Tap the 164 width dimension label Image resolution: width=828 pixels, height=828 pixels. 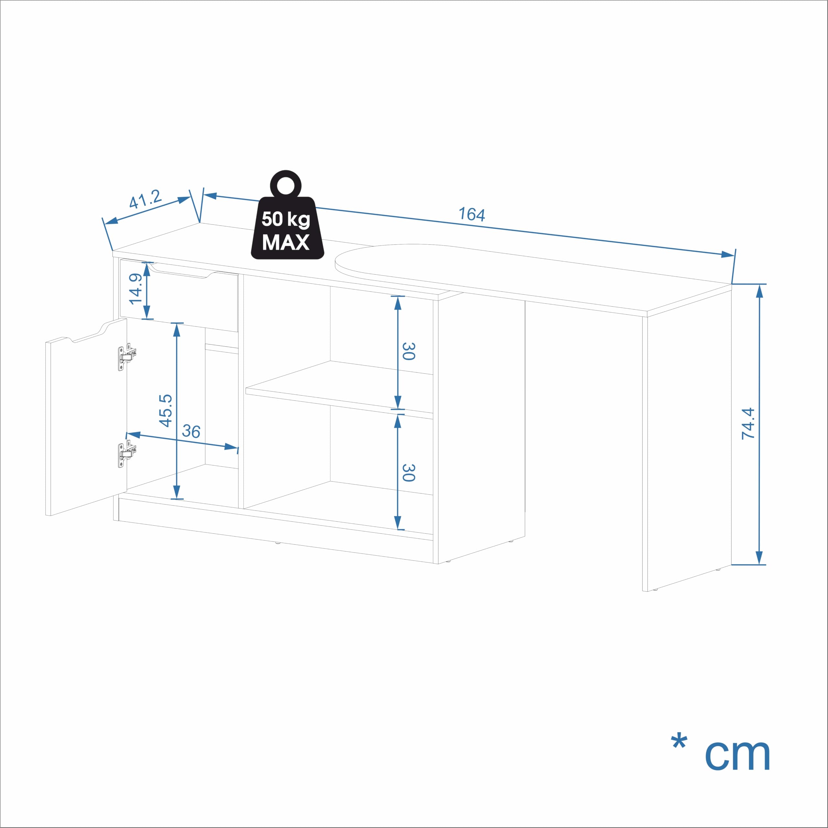[472, 214]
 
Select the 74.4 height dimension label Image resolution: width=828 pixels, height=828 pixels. [748, 423]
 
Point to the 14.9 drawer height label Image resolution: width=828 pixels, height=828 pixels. [136, 289]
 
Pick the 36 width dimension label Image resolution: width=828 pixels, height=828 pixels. [191, 431]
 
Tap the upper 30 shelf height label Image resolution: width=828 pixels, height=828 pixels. [409, 351]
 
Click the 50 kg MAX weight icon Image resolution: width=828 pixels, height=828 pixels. [287, 215]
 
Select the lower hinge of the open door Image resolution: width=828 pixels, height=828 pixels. [127, 453]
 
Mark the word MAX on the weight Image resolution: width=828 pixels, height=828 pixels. [286, 242]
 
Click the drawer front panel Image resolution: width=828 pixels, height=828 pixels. [179, 296]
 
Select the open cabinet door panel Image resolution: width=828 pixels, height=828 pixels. [86, 417]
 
